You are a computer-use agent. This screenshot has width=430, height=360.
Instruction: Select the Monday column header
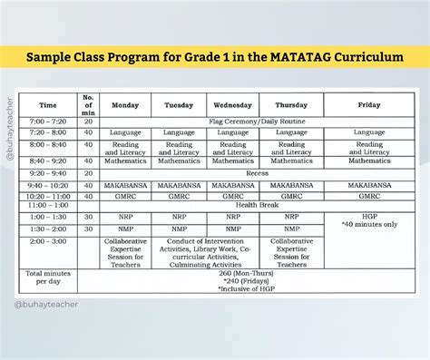(x=124, y=104)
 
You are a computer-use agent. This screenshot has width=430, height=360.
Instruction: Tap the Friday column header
(x=368, y=104)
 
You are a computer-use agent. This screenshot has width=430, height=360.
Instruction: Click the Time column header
(x=47, y=104)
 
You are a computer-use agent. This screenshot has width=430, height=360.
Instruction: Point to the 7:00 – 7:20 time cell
(x=47, y=120)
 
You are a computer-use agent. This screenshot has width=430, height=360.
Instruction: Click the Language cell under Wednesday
(x=233, y=132)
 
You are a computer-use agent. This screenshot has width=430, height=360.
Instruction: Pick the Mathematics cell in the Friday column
(x=368, y=161)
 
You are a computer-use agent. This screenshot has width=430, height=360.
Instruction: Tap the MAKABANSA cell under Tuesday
(x=179, y=184)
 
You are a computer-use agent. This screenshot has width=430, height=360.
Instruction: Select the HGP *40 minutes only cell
(x=368, y=221)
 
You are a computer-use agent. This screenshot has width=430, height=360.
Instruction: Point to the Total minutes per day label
(x=48, y=277)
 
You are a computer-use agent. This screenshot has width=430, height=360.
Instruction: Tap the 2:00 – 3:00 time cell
(x=47, y=242)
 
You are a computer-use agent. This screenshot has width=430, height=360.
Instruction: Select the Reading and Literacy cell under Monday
(x=124, y=147)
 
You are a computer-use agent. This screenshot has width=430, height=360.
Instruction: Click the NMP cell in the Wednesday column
(x=233, y=229)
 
